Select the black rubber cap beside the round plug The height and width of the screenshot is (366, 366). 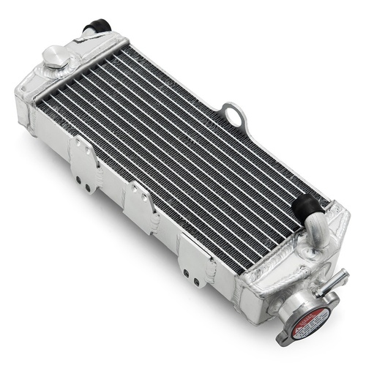point(97,27)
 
